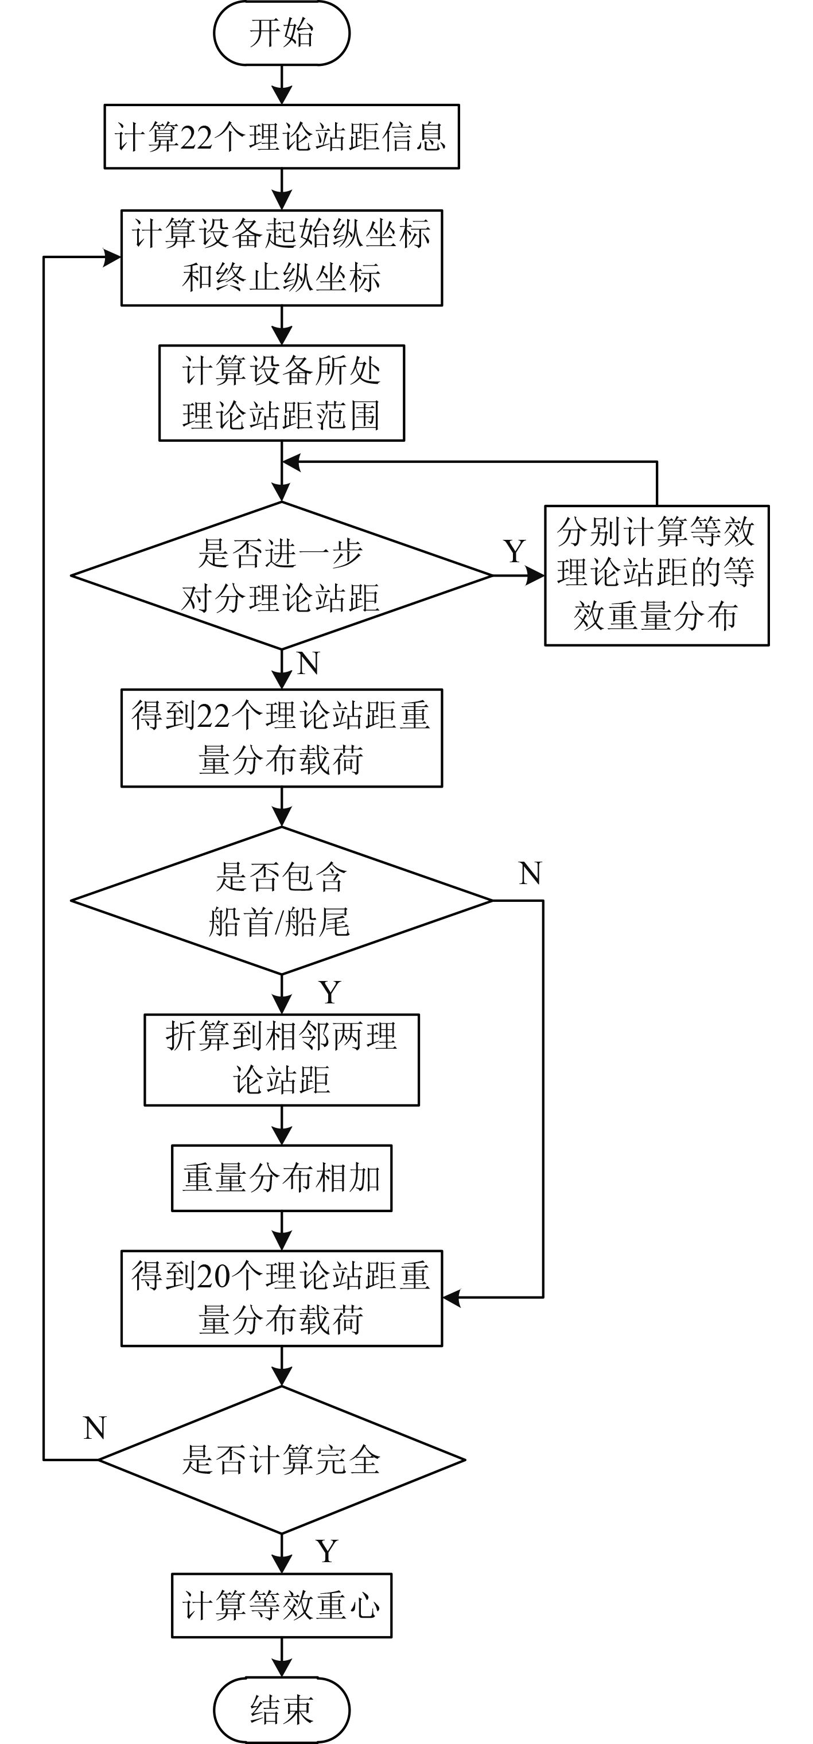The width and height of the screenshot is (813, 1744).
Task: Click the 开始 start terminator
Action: [282, 33]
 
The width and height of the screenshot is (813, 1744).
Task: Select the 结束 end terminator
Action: [282, 1710]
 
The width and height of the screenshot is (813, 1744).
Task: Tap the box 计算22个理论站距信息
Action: [282, 136]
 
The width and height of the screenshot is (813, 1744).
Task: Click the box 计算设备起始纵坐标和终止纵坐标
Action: [282, 258]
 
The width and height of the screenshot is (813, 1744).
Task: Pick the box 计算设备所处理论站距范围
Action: [282, 394]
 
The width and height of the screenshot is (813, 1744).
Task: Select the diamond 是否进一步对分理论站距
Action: [282, 575]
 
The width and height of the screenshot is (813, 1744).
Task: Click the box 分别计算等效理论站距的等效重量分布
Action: [656, 575]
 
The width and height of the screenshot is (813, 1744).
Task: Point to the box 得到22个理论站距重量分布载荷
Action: [282, 738]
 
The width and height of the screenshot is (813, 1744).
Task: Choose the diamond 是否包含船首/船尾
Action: [282, 901]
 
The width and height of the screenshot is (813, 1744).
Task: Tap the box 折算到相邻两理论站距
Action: [282, 1060]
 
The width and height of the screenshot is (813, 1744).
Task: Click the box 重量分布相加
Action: [282, 1178]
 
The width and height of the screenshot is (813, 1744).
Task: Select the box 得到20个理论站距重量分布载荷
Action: [282, 1298]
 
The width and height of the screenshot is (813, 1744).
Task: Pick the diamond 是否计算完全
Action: [282, 1459]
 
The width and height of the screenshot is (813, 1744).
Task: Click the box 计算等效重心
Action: [282, 1605]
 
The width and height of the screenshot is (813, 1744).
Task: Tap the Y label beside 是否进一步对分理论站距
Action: [515, 552]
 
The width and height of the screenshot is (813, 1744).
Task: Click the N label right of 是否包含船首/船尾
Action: [530, 873]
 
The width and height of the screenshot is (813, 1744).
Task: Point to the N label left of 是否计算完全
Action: [95, 1428]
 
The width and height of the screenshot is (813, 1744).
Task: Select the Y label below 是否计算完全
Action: [327, 1550]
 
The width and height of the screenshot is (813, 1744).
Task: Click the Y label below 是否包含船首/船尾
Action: [330, 992]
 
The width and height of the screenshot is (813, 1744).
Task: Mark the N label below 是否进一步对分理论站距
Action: [308, 664]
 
